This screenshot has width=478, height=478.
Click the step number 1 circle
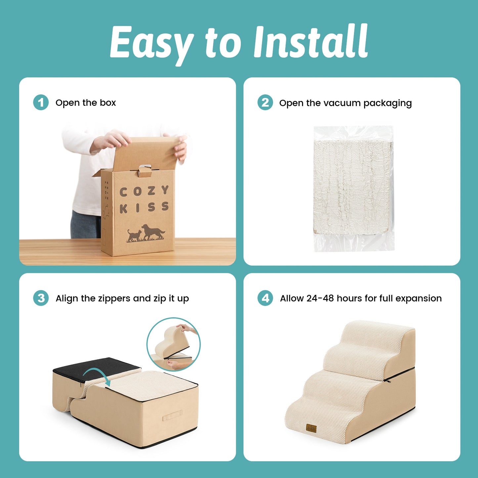coord(41,103)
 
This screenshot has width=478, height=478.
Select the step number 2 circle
coord(265,103)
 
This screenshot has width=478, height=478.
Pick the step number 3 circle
coord(41,298)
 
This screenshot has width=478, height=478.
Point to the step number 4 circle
coord(265,298)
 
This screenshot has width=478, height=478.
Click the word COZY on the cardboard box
coord(144,191)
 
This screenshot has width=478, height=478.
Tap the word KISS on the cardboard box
coord(144,208)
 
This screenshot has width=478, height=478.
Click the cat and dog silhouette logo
coord(146,233)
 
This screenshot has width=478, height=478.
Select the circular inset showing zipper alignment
coord(173,344)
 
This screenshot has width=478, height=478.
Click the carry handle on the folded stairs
coord(172,416)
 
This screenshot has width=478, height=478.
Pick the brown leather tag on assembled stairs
coord(311,428)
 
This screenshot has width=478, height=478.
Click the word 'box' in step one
coord(108,103)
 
